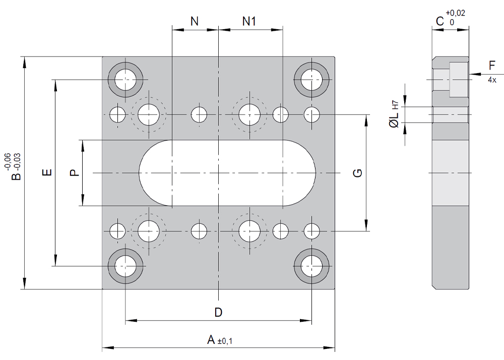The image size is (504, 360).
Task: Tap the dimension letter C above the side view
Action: (x=439, y=21)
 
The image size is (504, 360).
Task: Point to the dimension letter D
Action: (x=218, y=312)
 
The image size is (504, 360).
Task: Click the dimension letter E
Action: (x=47, y=173)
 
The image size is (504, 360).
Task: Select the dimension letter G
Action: (x=357, y=173)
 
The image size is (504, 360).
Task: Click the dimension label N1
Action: (x=249, y=21)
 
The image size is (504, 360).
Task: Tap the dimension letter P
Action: (x=74, y=173)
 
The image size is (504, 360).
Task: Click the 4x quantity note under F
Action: (x=492, y=80)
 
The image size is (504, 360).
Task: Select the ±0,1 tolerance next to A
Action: (x=225, y=342)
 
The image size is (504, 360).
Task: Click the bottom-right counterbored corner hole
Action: (x=311, y=265)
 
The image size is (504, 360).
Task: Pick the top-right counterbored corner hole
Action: (x=311, y=80)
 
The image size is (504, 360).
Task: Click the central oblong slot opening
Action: (x=227, y=173)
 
